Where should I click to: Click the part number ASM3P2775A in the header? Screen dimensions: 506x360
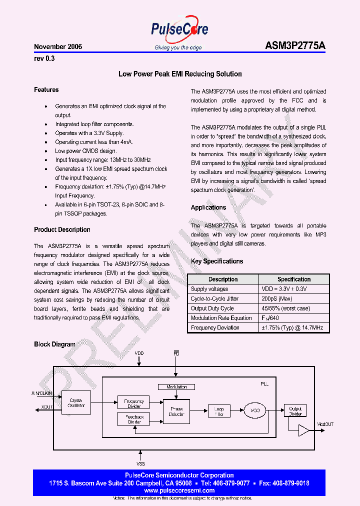point(295,46)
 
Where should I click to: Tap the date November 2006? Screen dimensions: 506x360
point(58,46)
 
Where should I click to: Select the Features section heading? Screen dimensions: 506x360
point(46,90)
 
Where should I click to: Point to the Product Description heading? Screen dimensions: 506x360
point(62,230)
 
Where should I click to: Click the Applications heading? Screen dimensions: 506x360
point(208,207)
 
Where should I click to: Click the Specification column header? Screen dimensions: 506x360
point(294,279)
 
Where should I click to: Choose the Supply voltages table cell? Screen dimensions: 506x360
point(209,289)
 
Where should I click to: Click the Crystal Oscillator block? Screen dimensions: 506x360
point(76,403)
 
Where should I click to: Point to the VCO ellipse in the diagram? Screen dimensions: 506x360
point(255,411)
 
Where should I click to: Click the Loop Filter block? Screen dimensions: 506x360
point(218,411)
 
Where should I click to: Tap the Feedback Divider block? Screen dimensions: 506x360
point(133,419)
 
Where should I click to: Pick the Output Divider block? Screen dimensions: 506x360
point(295,411)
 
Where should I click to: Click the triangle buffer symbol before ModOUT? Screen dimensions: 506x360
point(303,429)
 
